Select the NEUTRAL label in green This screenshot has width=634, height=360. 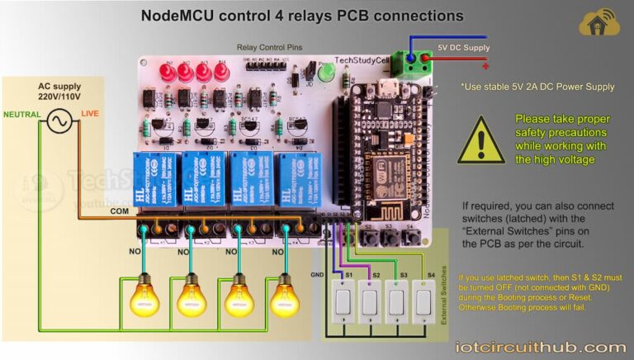click(22, 113)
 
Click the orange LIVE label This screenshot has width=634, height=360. click(90, 113)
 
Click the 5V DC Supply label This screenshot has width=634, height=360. click(463, 48)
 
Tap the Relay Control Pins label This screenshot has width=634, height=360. click(263, 48)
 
